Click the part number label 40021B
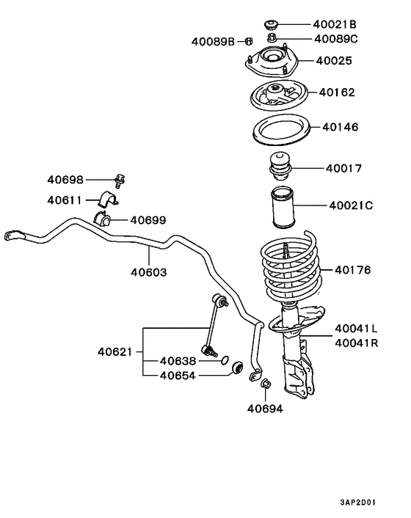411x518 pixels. [x=334, y=22]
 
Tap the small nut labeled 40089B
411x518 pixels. [x=250, y=41]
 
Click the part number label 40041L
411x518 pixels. [x=356, y=328]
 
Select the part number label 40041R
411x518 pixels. [x=356, y=342]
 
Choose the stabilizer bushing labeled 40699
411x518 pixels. [x=103, y=219]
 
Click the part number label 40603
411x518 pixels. [x=149, y=272]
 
